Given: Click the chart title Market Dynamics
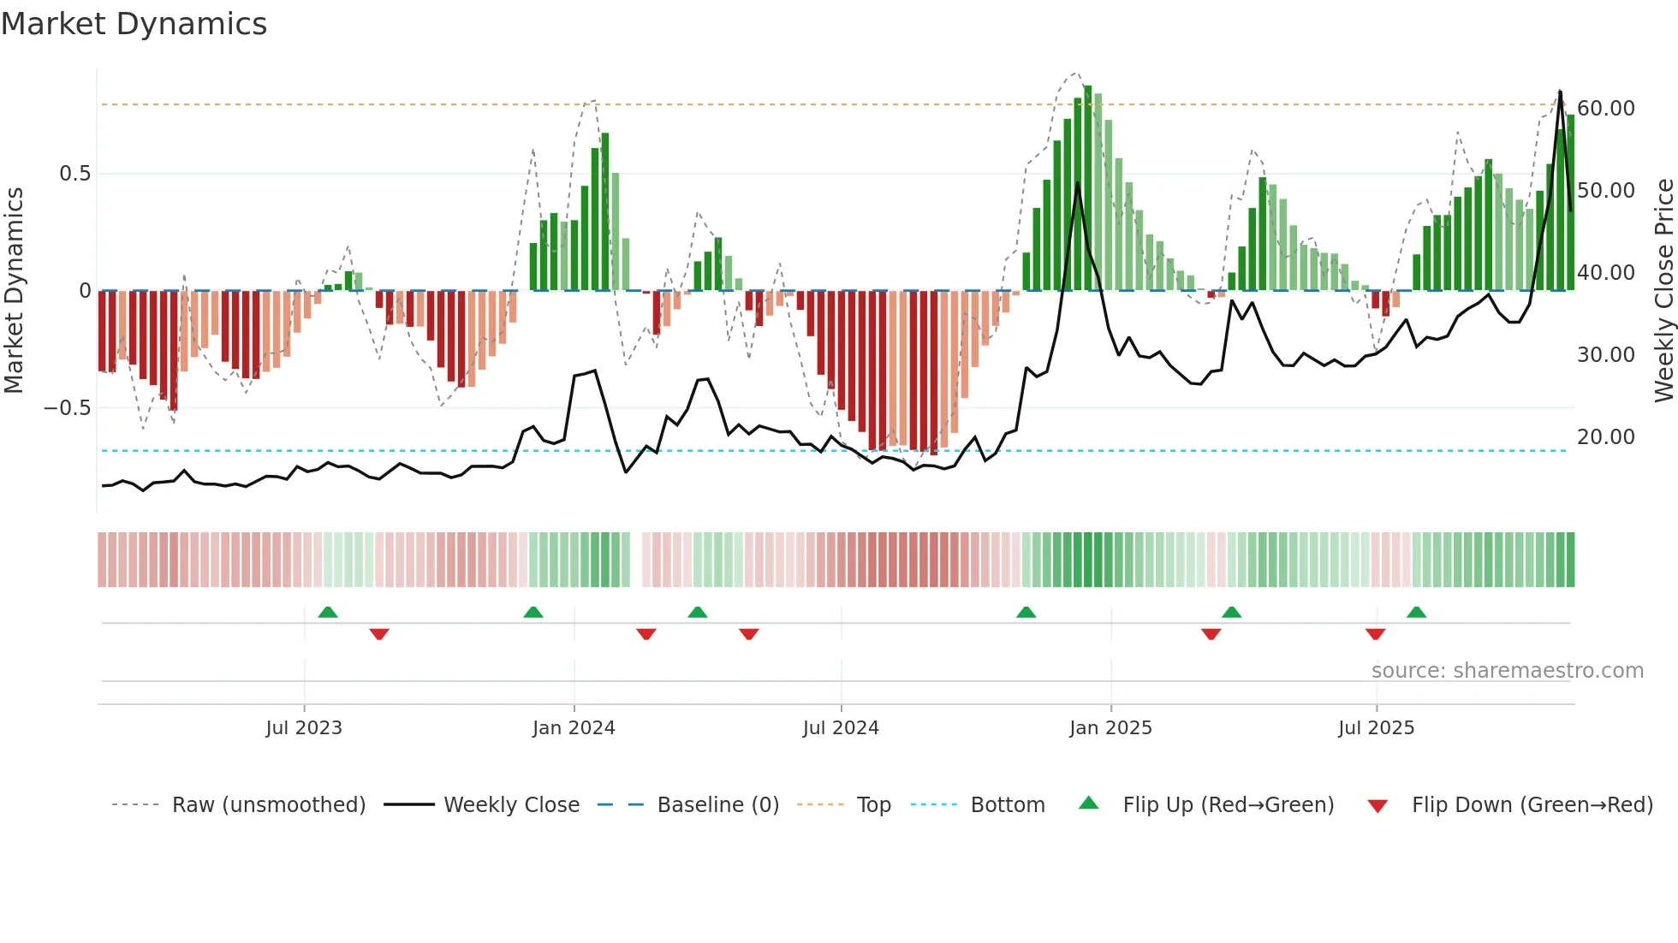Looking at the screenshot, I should pyautogui.click(x=134, y=24).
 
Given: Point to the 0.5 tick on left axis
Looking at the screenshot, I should pyautogui.click(x=74, y=174).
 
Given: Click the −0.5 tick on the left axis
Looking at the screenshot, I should pyautogui.click(x=68, y=407).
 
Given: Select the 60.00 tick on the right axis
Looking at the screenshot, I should pyautogui.click(x=1605, y=109).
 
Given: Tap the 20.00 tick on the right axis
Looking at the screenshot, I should pyautogui.click(x=1605, y=437).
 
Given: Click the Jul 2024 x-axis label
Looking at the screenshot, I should pyautogui.click(x=840, y=728).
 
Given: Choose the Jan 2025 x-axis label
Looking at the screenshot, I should pyautogui.click(x=1110, y=728).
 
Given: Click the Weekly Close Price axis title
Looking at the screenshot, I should pyautogui.click(x=1663, y=291).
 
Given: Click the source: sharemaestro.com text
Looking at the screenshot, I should pyautogui.click(x=1507, y=671).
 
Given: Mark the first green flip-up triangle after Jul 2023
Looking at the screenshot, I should pyautogui.click(x=328, y=612).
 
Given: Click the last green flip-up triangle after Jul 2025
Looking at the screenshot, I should pyautogui.click(x=1416, y=612).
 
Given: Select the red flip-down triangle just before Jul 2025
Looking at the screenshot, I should pyautogui.click(x=1375, y=634).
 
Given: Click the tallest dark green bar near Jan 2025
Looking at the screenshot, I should pyautogui.click(x=1087, y=188).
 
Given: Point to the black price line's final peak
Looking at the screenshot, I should pyautogui.click(x=1560, y=92).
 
